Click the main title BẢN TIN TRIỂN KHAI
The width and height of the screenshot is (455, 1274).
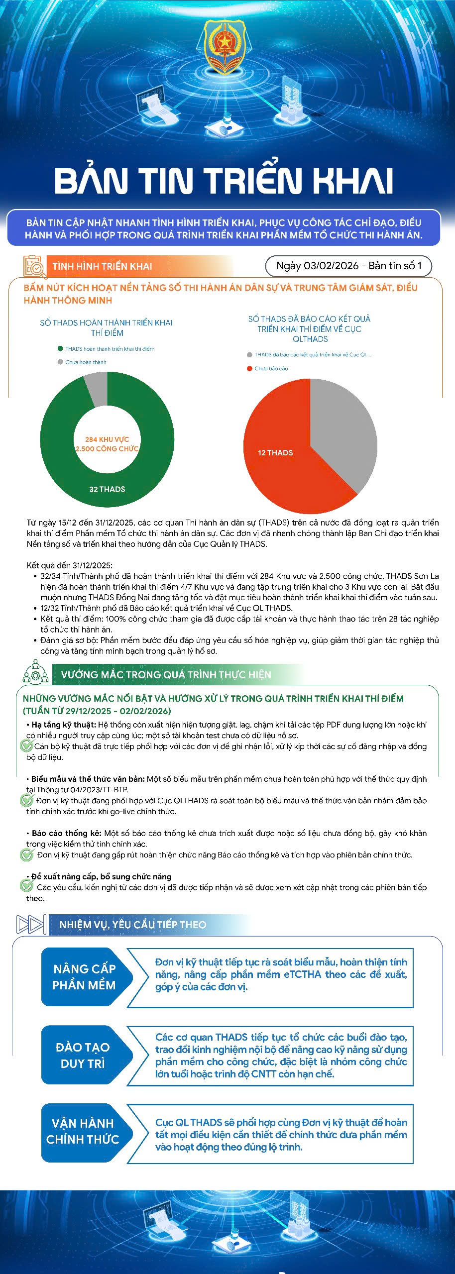[x=224, y=180]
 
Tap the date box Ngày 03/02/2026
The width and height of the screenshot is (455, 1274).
[x=348, y=266]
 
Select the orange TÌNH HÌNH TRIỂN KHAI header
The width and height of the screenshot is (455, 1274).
[x=102, y=266]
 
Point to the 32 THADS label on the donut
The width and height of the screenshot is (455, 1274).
[x=107, y=489]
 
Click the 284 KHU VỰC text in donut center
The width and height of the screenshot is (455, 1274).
[x=107, y=439]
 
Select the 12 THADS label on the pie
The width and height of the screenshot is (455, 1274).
[x=275, y=453]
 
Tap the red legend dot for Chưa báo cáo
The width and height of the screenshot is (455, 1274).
[x=250, y=369]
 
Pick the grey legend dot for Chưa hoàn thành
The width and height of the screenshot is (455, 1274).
[x=60, y=362]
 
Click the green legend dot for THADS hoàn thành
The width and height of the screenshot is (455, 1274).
[x=60, y=349]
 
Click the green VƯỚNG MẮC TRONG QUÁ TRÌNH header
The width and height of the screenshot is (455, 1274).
[x=166, y=675]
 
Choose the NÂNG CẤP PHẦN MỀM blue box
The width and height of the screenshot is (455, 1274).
[x=85, y=977]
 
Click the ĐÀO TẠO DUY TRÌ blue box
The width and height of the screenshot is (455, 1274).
[x=83, y=1055]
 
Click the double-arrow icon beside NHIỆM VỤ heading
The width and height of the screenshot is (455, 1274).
[x=31, y=925]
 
